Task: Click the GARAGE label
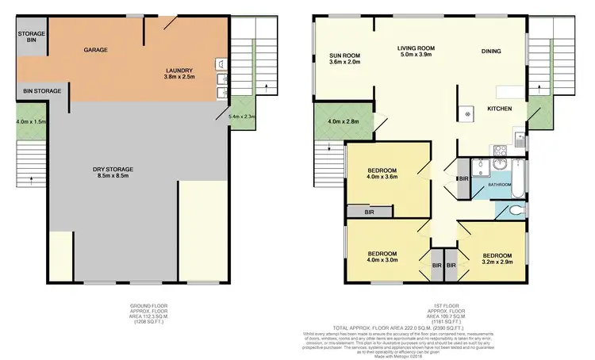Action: tap(96, 50)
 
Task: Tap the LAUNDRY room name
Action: tap(178, 70)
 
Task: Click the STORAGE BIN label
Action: tap(32, 36)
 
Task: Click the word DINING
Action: tap(491, 52)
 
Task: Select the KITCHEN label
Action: tap(499, 108)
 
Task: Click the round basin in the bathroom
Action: tap(500, 165)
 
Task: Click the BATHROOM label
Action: tap(499, 184)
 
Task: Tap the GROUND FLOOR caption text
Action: tap(148, 305)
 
